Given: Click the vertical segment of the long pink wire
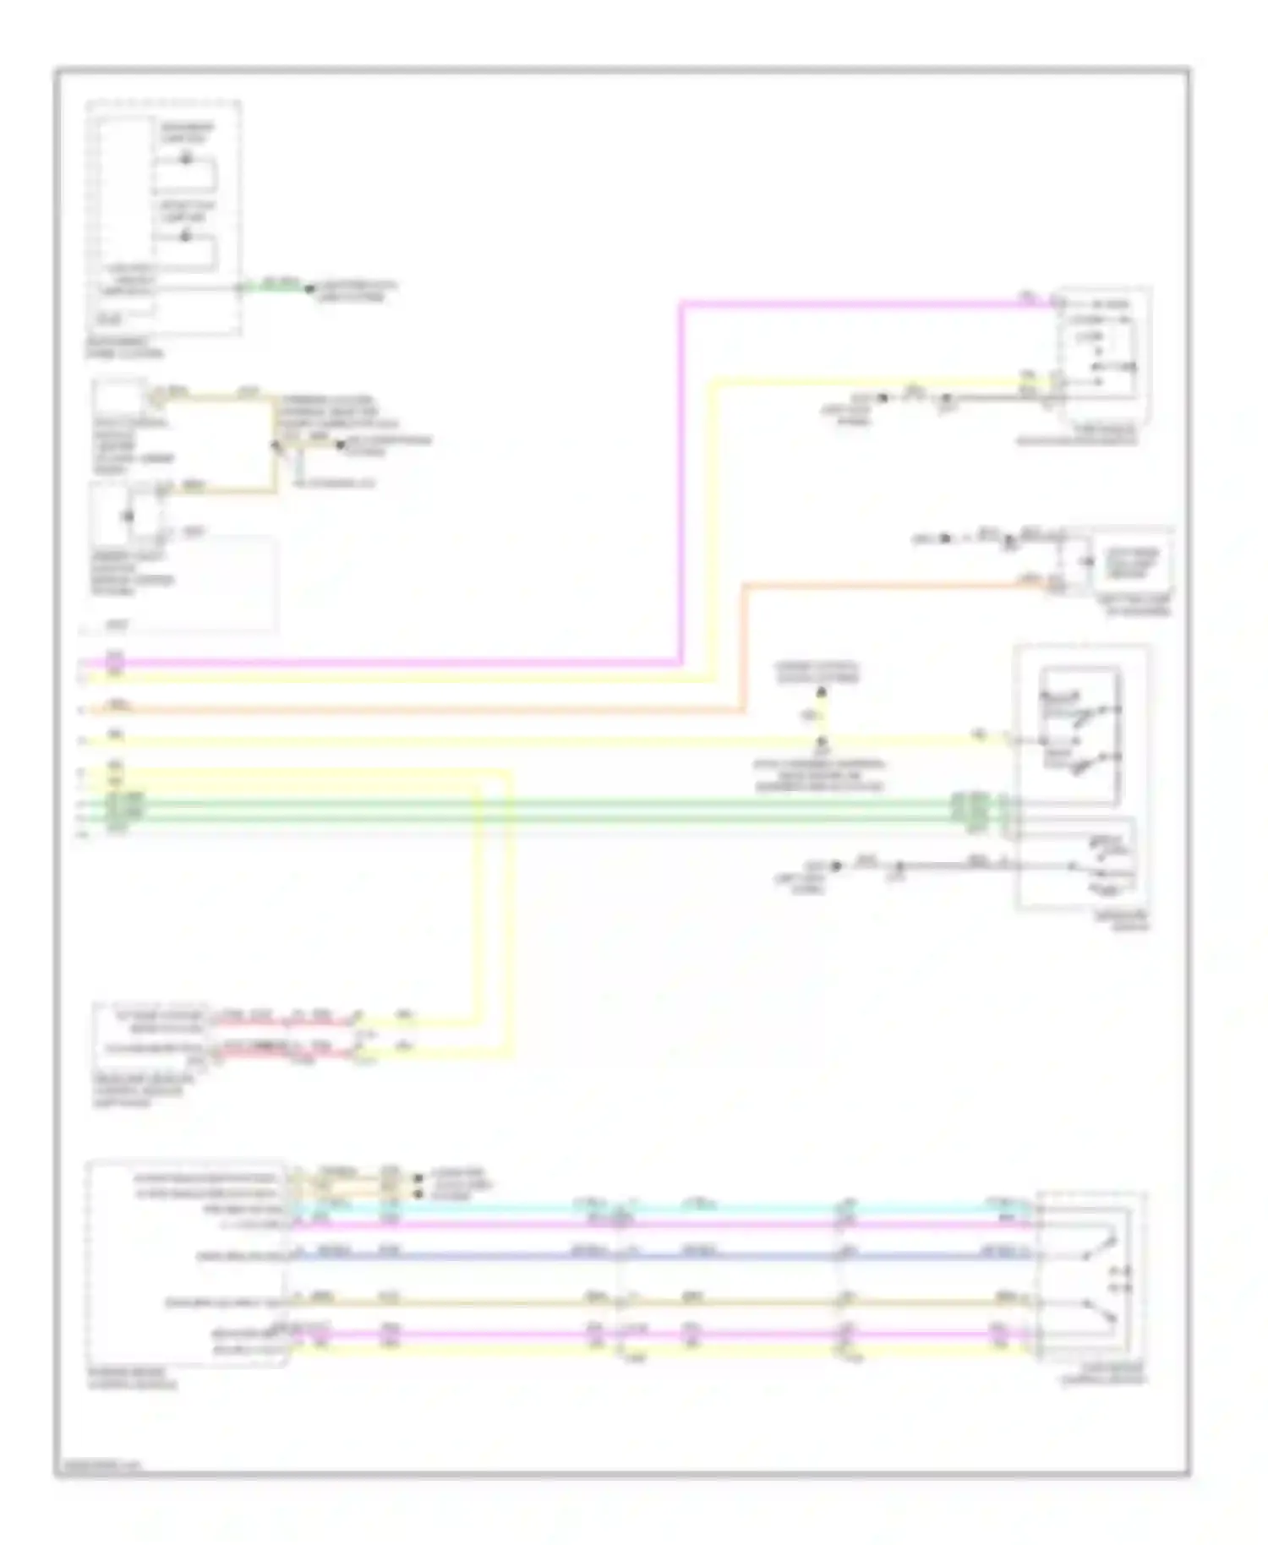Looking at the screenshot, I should click(680, 482).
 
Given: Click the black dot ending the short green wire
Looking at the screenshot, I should click(309, 289).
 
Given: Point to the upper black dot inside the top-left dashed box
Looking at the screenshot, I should click(187, 159).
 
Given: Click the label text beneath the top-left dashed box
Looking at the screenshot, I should click(124, 347).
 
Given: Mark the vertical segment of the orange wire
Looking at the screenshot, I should click(744, 647).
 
